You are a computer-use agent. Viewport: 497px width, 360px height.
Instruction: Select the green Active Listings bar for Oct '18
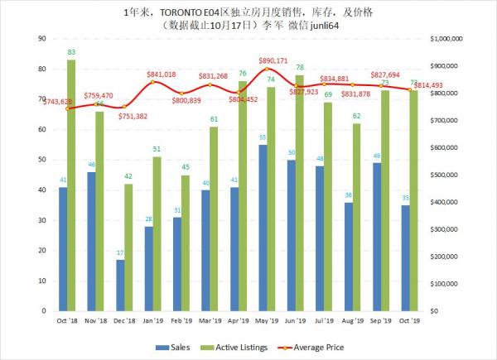click(71, 185)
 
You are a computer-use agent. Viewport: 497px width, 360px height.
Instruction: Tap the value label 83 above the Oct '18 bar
click(71, 52)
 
